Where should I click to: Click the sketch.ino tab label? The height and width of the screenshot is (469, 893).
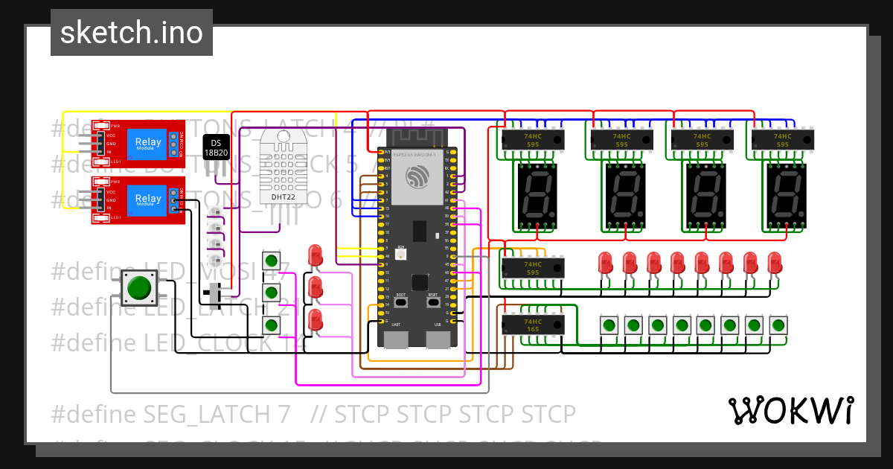coord(131,33)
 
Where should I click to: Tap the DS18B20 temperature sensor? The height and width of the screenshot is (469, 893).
coord(217,147)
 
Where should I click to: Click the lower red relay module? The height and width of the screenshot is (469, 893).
coord(138,199)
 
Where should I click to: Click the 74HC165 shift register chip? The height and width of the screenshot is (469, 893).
coord(533,325)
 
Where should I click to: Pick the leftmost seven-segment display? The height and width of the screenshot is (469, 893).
coord(537,196)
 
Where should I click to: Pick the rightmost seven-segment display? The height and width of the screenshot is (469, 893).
coord(786,196)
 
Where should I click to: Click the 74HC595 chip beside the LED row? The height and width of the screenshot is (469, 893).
coord(533,268)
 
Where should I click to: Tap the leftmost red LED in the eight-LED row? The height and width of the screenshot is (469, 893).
coord(606,262)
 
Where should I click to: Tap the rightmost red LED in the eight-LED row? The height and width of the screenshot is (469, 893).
coord(775,262)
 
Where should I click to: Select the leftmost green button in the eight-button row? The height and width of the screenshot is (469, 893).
coord(609,325)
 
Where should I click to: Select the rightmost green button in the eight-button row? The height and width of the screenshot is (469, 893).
coord(778,325)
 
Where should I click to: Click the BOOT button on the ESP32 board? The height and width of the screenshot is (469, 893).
coord(401,302)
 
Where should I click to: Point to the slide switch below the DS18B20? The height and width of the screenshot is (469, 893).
coord(217,296)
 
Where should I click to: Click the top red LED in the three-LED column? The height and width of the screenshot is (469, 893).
coord(316,255)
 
